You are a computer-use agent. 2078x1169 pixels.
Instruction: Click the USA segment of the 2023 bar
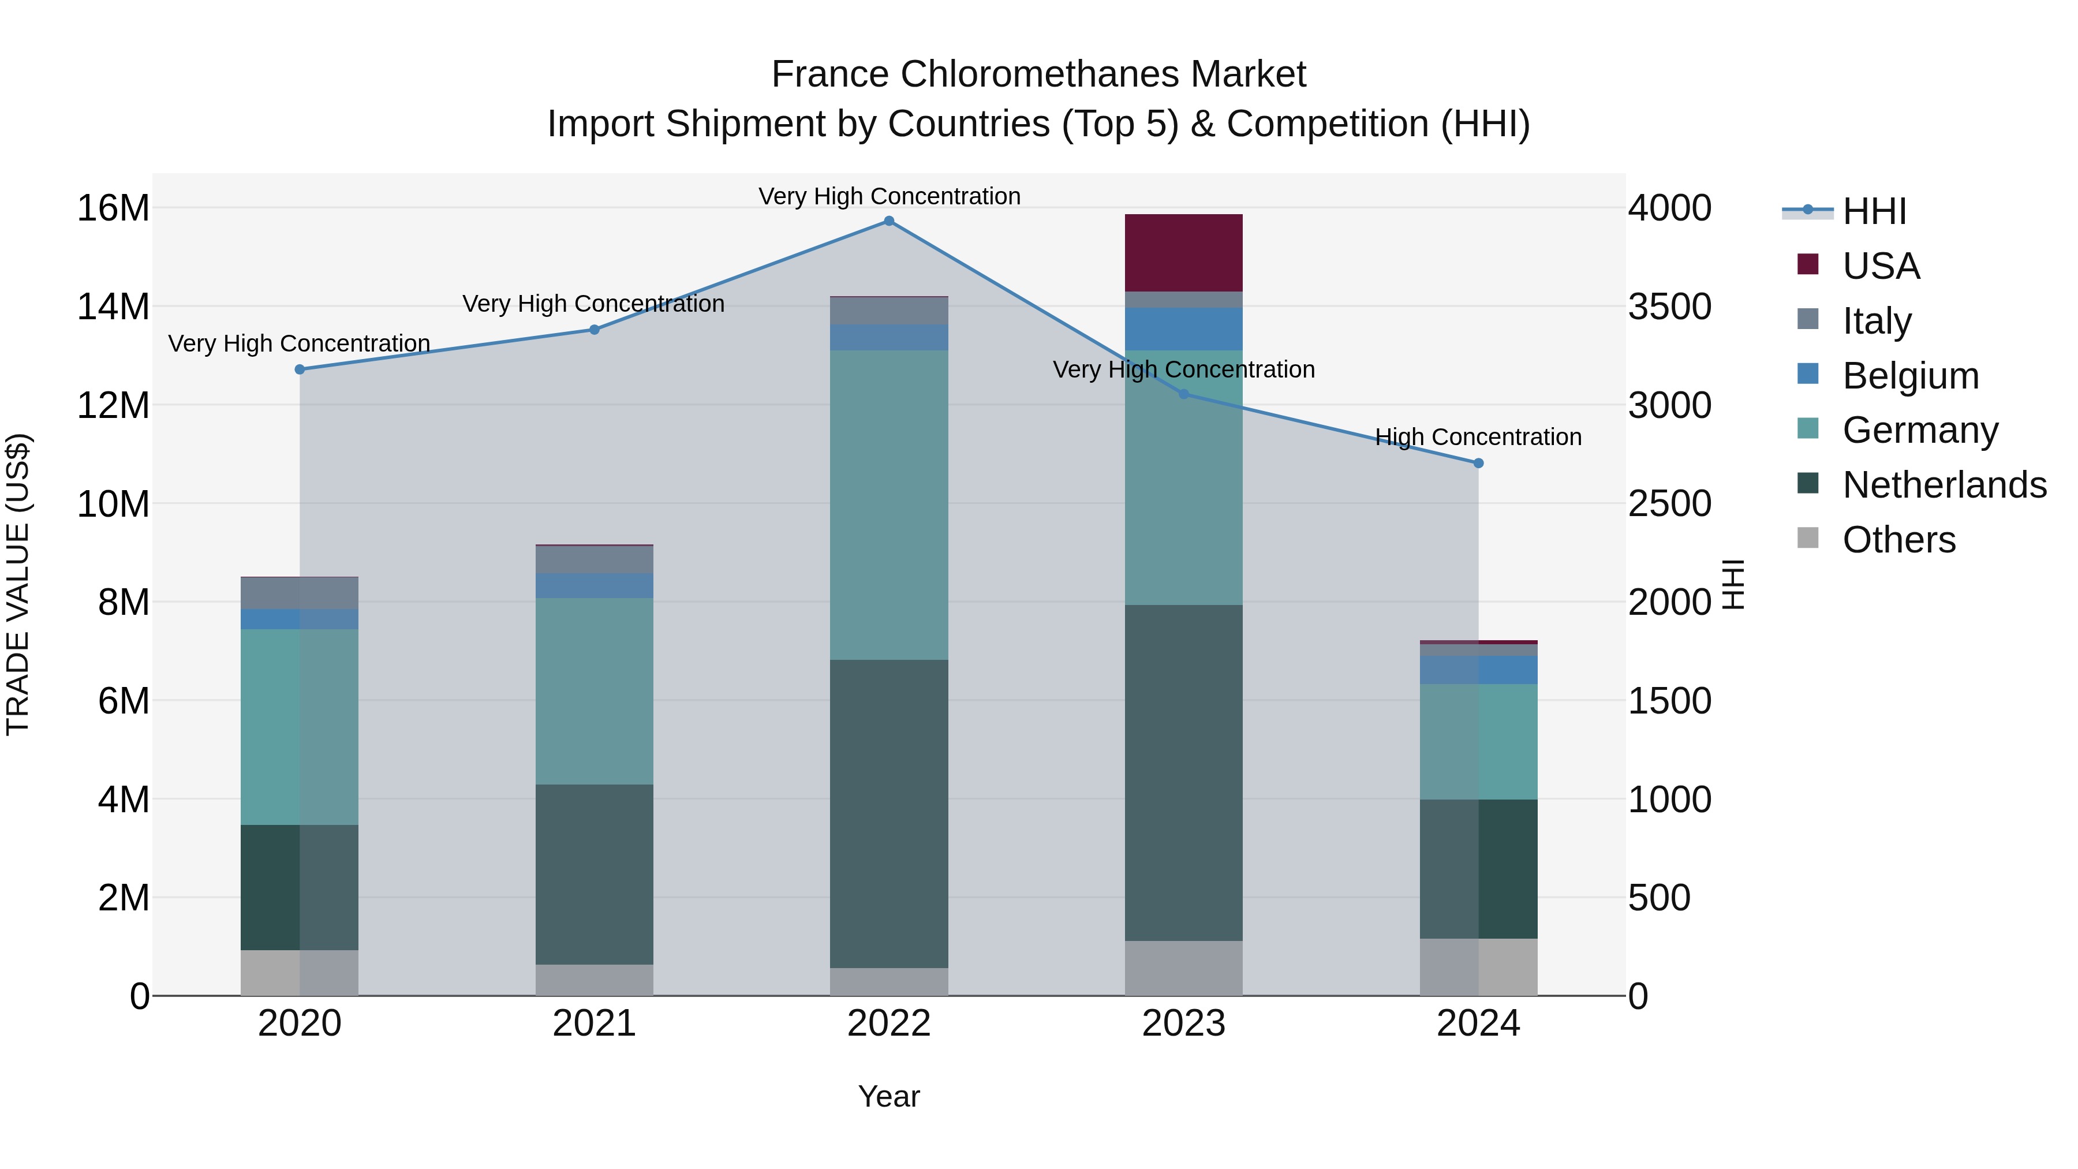pos(1183,252)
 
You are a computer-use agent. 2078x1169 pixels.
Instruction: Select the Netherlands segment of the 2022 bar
pos(889,813)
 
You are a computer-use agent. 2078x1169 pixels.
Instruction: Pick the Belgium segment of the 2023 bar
pos(1183,328)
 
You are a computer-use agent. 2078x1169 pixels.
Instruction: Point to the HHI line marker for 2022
pos(889,221)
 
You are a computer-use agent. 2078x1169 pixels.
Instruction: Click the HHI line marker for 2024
pos(1478,463)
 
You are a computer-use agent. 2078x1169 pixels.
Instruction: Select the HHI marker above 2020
pos(299,369)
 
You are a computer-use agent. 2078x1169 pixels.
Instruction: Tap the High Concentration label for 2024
pos(1478,437)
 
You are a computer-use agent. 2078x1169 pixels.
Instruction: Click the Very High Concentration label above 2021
pos(594,304)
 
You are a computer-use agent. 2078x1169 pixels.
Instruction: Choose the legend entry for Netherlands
pos(1944,485)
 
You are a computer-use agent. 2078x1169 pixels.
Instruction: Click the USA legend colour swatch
pos(1808,264)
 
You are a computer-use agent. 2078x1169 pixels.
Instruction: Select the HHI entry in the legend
pos(1874,211)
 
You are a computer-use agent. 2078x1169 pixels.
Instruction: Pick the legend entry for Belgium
pos(1910,376)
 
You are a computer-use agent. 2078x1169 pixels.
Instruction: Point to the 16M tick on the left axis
pos(113,208)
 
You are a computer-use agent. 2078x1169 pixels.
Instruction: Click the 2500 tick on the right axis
pos(1669,504)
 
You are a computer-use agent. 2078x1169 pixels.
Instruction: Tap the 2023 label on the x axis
pos(1183,1024)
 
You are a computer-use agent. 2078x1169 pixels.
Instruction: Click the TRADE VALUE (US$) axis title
pos(18,584)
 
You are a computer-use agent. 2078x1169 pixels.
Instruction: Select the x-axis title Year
pos(889,1096)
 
